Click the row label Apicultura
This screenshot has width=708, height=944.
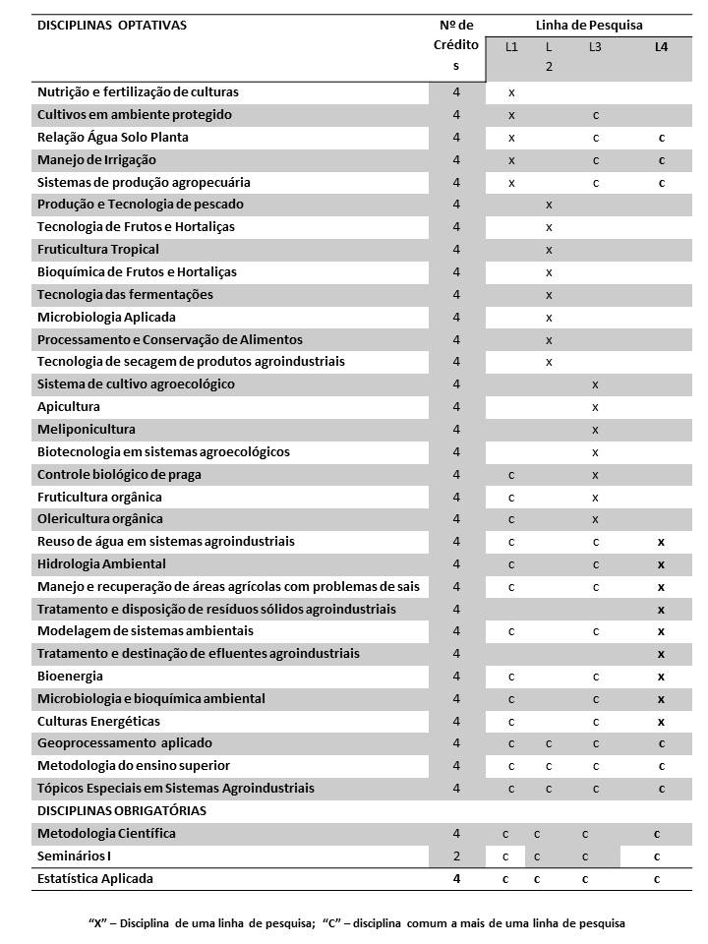click(69, 407)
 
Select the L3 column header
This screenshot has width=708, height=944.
click(595, 47)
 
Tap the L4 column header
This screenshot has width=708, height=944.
click(661, 47)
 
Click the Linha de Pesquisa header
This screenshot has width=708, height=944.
click(589, 26)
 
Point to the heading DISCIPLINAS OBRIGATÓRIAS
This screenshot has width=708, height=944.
click(122, 811)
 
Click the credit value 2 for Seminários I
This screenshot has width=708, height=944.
click(456, 856)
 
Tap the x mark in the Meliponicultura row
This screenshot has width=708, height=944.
click(595, 430)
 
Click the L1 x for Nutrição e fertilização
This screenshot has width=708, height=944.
click(511, 92)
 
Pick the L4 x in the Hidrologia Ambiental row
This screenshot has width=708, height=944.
click(661, 564)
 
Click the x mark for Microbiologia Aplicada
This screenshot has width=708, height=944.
click(549, 318)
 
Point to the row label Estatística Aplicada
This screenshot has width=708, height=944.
click(95, 879)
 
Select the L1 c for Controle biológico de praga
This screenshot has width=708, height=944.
click(511, 475)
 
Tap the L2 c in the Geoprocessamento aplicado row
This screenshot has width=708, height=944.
click(549, 743)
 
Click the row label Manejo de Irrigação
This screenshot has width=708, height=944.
click(96, 160)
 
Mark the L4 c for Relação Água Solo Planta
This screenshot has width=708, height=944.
click(661, 138)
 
